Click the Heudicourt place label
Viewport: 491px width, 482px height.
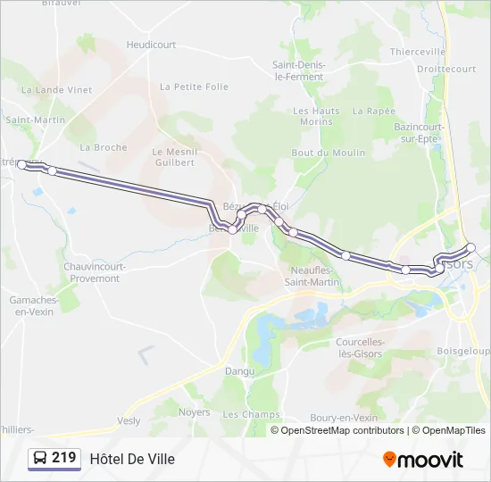[x=151, y=44]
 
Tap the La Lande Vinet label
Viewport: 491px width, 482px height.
[x=57, y=89]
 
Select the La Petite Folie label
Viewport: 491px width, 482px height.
[x=194, y=87]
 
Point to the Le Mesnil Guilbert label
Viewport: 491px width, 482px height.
[x=173, y=157]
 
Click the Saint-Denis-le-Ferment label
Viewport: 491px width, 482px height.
[x=299, y=71]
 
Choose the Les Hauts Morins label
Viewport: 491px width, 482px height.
[x=316, y=116]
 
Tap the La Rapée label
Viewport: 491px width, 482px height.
[x=373, y=111]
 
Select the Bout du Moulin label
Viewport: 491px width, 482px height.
[x=329, y=153]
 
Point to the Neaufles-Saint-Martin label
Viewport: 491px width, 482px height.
[x=312, y=276]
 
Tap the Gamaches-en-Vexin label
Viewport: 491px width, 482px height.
[x=34, y=305]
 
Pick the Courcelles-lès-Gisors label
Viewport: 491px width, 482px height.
[x=361, y=347]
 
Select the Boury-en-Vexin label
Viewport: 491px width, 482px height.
[x=344, y=418]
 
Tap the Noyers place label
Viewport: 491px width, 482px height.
[x=194, y=412]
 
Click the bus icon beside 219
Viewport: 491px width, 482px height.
[x=40, y=459]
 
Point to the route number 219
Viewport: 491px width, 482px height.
[x=64, y=458]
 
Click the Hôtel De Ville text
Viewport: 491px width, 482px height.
[x=132, y=459]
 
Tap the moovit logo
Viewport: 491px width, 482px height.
[x=423, y=460]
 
